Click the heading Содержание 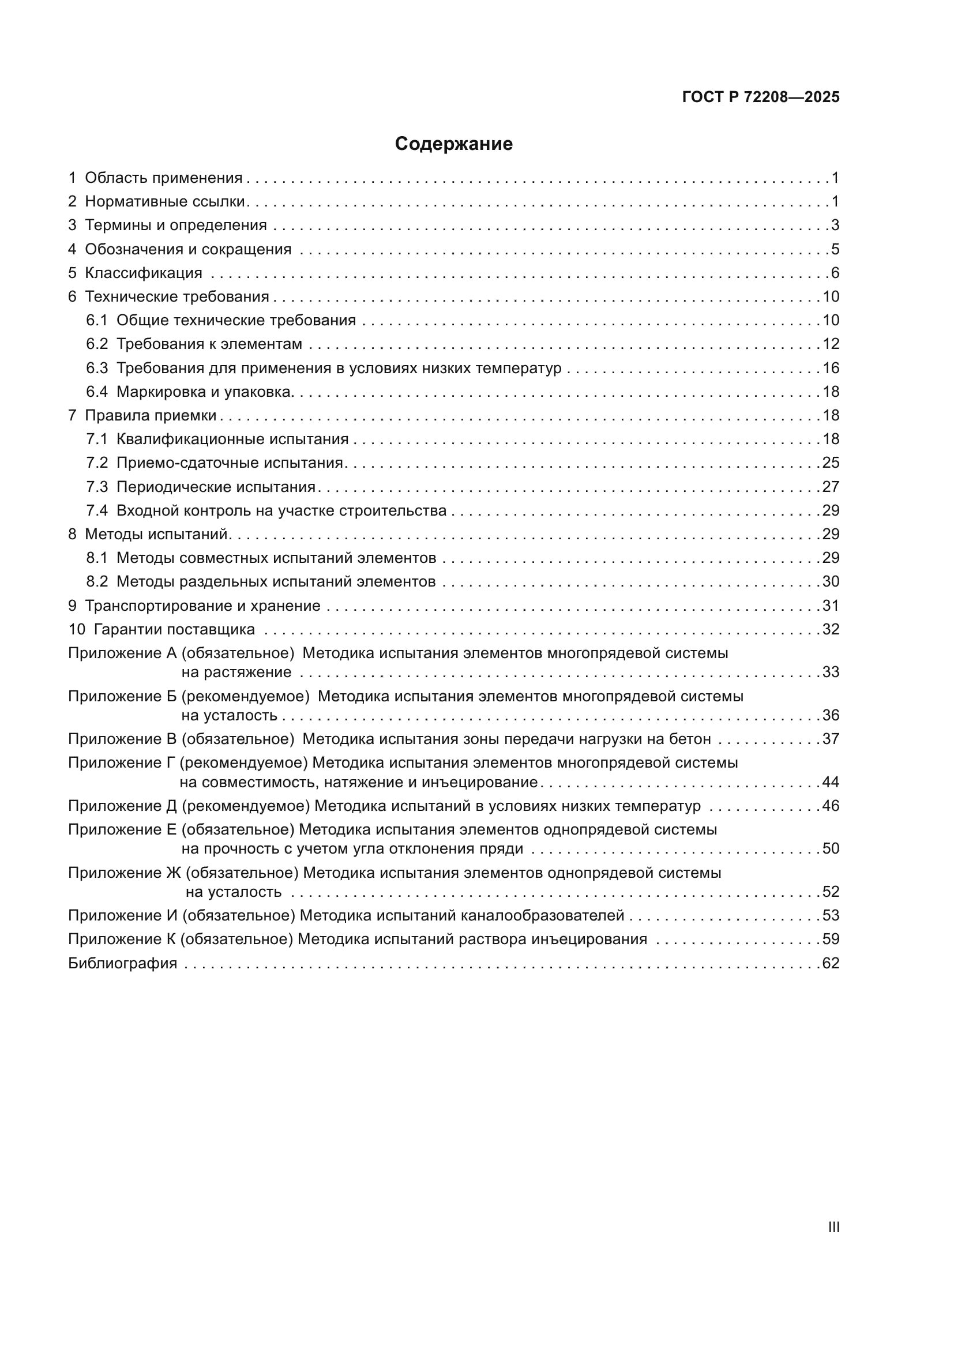coord(453,144)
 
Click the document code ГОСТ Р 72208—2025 coord(761,97)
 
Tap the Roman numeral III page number coord(833,1227)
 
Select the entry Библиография coord(123,963)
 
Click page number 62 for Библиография coord(831,963)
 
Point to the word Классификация coord(144,273)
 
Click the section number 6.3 coord(97,369)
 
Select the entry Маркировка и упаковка coord(204,392)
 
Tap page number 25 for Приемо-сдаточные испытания coord(831,463)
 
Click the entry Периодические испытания coord(216,487)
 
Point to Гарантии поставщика coord(174,629)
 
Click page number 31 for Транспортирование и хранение coord(831,606)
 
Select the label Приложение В coord(122,739)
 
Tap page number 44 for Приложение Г coord(831,782)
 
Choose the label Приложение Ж coord(125,873)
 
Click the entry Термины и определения coord(176,225)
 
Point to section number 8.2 coord(97,582)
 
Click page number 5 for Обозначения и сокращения coord(835,249)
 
